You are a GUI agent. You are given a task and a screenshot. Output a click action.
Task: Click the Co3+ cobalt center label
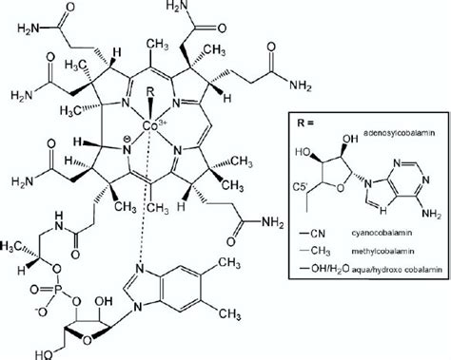[x=153, y=124]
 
